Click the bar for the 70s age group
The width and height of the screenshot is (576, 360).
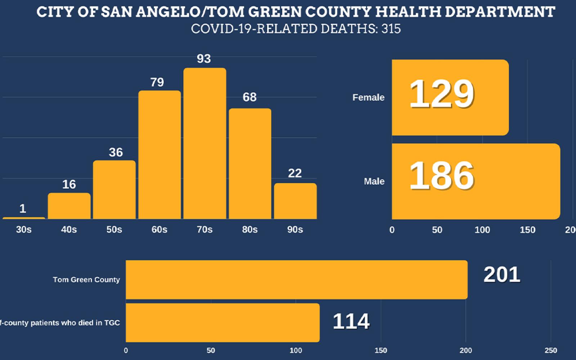(205, 144)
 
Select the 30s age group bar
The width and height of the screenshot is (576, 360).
(24, 218)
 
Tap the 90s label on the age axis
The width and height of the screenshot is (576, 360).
(295, 230)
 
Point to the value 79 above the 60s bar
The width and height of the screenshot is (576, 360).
(157, 82)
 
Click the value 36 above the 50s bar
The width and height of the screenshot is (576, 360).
(116, 153)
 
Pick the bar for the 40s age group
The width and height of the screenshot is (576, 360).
(69, 206)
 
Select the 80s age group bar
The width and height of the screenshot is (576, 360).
(250, 164)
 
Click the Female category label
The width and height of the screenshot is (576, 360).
(368, 98)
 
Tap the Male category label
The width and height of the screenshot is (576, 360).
(374, 181)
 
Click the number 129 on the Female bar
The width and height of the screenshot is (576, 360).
(442, 94)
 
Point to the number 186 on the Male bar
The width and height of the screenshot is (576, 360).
(442, 176)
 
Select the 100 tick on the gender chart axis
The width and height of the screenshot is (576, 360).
(482, 230)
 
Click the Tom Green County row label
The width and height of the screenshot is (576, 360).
(86, 280)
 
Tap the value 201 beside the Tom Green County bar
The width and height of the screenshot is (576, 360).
(501, 275)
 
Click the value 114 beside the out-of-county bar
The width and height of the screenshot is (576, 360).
(351, 321)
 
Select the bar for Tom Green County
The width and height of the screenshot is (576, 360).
(296, 280)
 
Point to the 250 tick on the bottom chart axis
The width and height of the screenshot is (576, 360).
(551, 350)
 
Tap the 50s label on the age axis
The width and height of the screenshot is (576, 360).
(114, 230)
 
